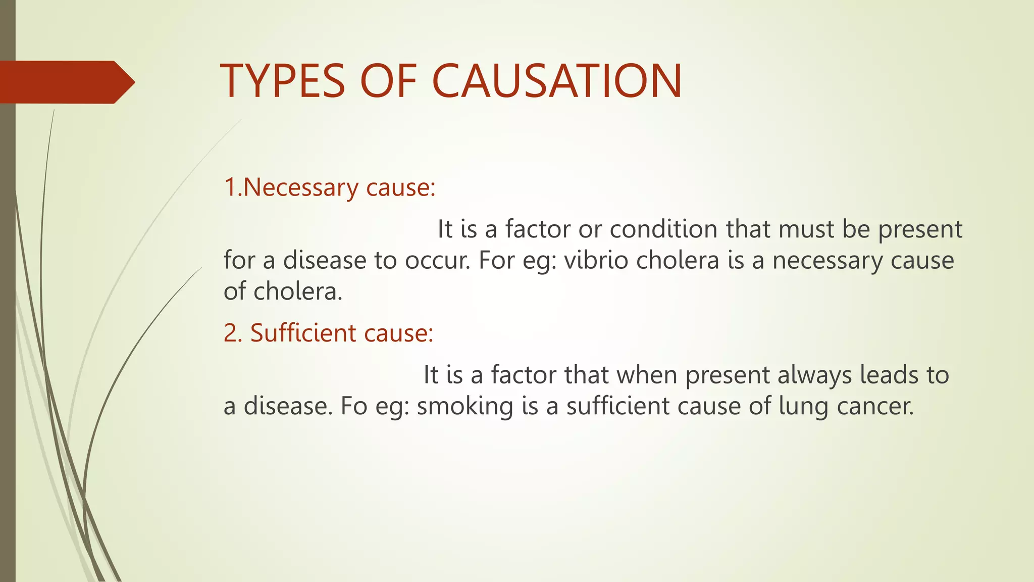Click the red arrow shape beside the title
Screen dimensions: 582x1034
point(66,82)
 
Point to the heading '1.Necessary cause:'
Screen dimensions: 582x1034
point(329,187)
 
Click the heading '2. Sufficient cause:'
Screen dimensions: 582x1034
point(328,333)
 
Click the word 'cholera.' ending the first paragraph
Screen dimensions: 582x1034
point(298,292)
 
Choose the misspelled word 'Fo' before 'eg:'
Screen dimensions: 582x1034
point(353,406)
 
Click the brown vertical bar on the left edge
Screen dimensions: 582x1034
point(8,354)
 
